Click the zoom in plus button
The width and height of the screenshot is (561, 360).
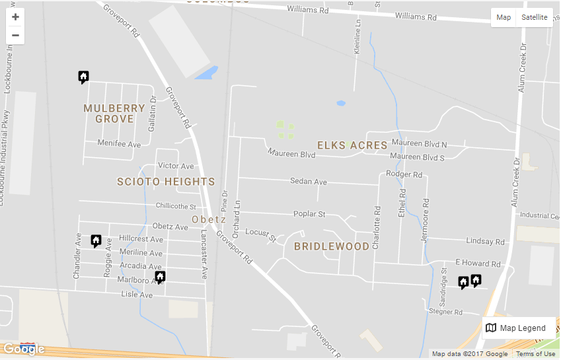[15, 17]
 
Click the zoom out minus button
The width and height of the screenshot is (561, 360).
[15, 35]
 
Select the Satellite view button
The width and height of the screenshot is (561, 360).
[534, 17]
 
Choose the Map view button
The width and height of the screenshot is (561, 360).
[504, 17]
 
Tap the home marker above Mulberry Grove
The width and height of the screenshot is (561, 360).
[83, 77]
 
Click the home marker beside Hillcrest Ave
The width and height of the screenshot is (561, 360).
[96, 241]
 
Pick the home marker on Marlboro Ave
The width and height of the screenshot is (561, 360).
[160, 277]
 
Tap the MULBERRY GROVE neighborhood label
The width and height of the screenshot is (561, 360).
[114, 114]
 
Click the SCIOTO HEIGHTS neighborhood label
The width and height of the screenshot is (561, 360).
[166, 182]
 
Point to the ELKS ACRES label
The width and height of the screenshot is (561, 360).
[352, 145]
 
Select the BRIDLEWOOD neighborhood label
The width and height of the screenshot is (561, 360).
[332, 246]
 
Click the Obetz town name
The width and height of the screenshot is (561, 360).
[209, 219]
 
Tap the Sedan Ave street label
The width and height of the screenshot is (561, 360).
[309, 181]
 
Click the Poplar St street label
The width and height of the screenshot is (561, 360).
[309, 214]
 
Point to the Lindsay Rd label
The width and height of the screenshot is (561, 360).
[485, 242]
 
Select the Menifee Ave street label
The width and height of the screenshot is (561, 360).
[119, 143]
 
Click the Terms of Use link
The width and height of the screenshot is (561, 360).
[535, 354]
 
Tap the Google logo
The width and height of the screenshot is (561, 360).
[24, 349]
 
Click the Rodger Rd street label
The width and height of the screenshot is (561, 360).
[404, 174]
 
